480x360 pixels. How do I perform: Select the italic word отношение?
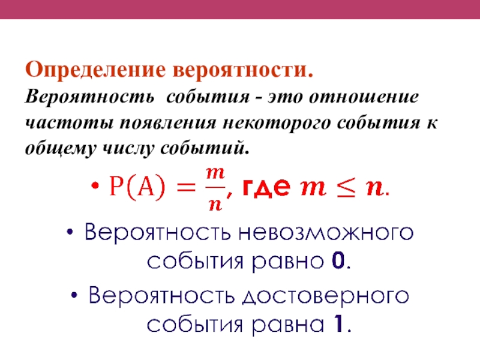tap(364, 97)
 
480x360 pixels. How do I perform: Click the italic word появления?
tap(168, 123)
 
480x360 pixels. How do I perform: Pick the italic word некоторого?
tap(277, 123)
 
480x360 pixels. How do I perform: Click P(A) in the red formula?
tap(137, 186)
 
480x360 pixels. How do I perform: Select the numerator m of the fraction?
tap(215, 173)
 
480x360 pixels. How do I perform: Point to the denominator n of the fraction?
tap(215, 205)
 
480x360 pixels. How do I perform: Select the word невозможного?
tap(326, 232)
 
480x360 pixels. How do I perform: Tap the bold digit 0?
tap(338, 261)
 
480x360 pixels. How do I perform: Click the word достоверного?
tap(325, 296)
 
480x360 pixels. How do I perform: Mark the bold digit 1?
tap(338, 324)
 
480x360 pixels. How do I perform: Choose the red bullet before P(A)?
tap(95, 185)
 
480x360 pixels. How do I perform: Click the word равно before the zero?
tap(288, 262)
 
